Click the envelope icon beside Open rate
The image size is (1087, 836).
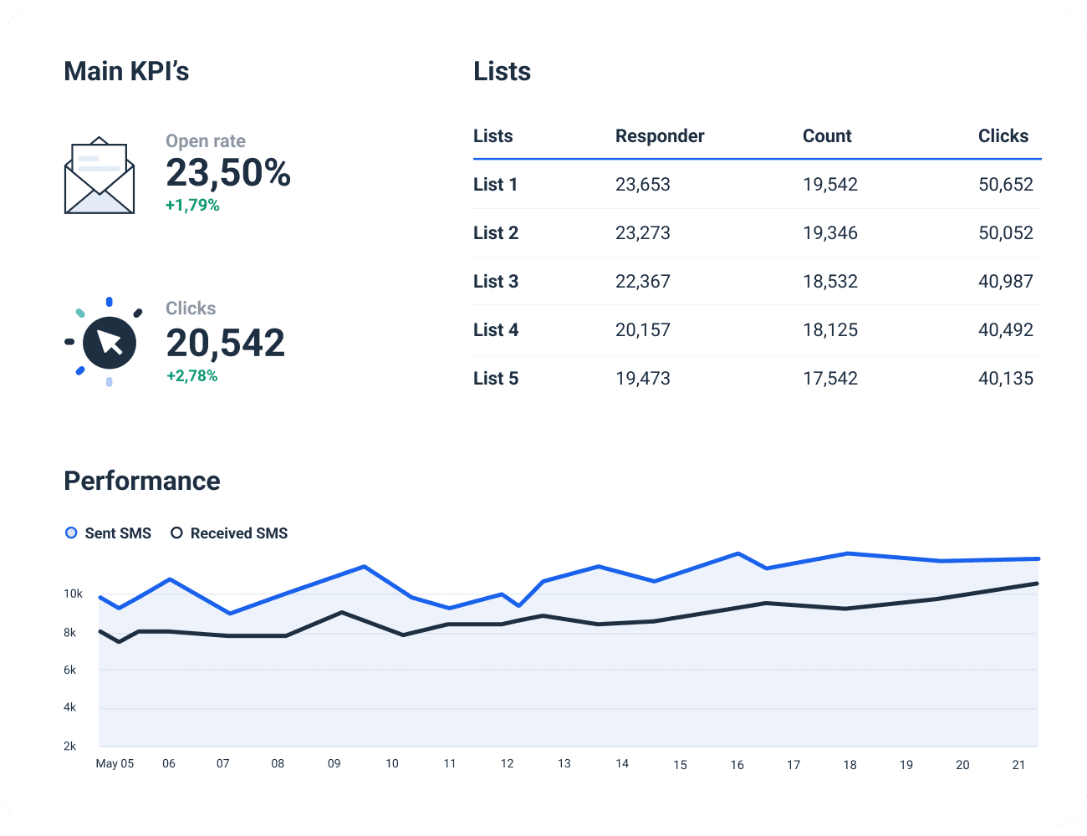[100, 176]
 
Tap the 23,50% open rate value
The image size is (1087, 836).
[227, 173]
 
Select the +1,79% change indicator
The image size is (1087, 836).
[192, 206]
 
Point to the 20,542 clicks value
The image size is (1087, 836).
[225, 343]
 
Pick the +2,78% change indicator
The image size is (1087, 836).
[192, 376]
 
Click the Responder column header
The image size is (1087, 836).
[660, 136]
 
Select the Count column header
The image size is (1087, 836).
[827, 136]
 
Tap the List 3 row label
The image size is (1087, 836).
[496, 282]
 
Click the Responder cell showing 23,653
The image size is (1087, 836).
[642, 185]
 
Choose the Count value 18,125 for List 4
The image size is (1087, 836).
[829, 330]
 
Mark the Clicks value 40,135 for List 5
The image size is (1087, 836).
[1005, 379]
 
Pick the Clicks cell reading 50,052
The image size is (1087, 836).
[1005, 233]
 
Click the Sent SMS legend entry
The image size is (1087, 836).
[109, 533]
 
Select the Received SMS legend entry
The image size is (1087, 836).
[229, 533]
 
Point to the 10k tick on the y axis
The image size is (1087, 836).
[74, 594]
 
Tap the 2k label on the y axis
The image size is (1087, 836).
[70, 746]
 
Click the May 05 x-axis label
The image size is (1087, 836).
[115, 763]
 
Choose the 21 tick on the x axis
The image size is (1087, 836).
[1018, 764]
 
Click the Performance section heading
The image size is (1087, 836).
[142, 481]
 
